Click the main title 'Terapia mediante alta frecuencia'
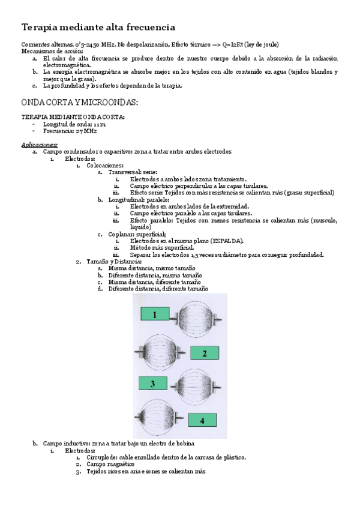pyautogui.click(x=98, y=27)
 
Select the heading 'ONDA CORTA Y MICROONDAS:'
pyautogui.click(x=80, y=103)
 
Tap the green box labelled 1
pyautogui.click(x=154, y=315)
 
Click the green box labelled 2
pyautogui.click(x=205, y=354)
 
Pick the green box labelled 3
pyautogui.click(x=152, y=383)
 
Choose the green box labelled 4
pyautogui.click(x=202, y=420)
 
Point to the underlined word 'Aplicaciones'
pyautogui.click(x=40, y=145)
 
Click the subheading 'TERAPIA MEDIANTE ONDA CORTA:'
pyautogui.click(x=73, y=116)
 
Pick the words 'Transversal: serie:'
pyautogui.click(x=133, y=172)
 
